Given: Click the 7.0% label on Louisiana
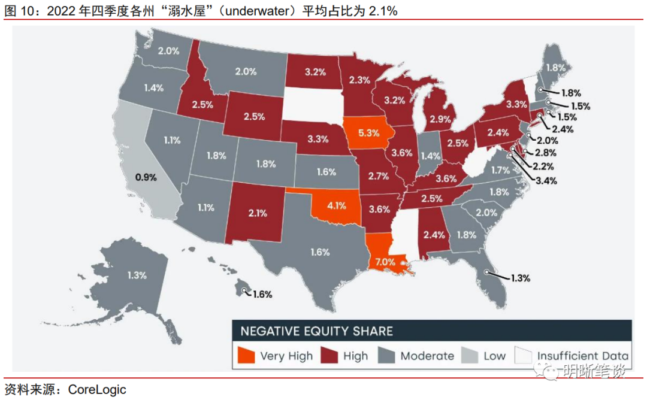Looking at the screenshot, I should point(386,262).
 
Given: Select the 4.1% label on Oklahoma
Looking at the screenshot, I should point(337,206).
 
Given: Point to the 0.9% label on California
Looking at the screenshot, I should point(146,177).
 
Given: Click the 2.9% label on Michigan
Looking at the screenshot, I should point(440,120).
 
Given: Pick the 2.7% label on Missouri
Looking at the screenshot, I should point(379,176).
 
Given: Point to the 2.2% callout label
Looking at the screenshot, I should point(543,166).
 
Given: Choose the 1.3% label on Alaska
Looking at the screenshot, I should point(137,275).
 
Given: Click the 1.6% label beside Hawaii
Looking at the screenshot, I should point(262,294).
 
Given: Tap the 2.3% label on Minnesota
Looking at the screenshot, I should point(359,80).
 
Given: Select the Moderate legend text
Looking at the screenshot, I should point(427,356).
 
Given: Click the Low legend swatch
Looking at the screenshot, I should point(470,356).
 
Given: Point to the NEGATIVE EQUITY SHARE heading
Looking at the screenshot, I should point(317,331).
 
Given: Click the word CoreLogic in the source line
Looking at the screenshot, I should point(97,390).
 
